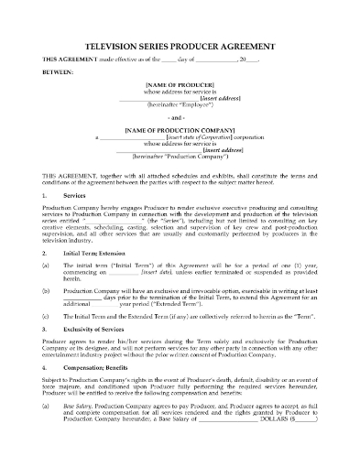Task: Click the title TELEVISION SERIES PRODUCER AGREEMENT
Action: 180,43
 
